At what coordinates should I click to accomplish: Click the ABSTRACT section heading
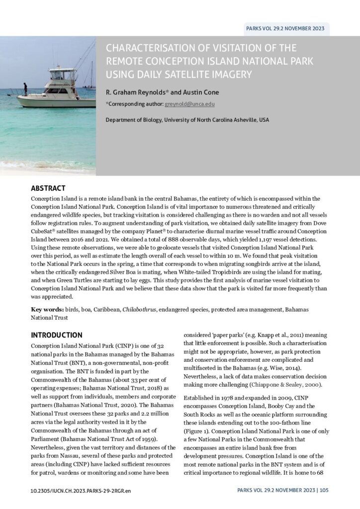48,188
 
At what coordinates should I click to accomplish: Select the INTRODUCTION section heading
57,335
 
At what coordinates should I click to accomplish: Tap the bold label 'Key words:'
45,309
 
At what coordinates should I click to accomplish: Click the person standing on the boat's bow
25,89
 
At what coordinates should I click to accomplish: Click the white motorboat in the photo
55,92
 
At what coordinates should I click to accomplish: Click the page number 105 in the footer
324,491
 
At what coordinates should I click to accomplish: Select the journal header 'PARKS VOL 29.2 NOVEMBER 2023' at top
285,28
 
